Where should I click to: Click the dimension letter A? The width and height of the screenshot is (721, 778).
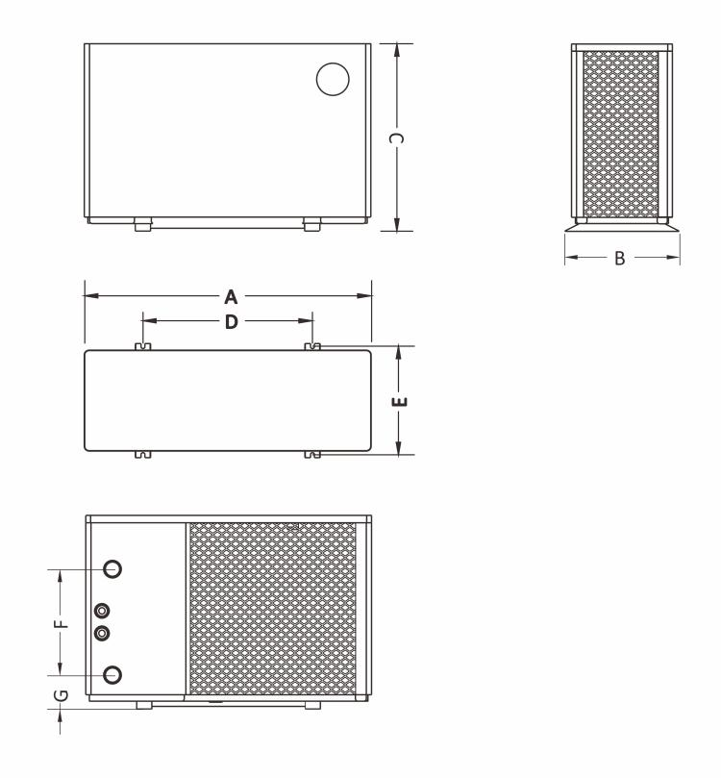tap(231, 297)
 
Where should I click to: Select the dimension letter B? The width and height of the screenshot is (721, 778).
tap(620, 259)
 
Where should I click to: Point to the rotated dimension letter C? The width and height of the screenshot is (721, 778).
tap(396, 138)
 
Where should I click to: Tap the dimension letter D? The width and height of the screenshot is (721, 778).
tap(231, 322)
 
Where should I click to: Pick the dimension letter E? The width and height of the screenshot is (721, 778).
tap(402, 400)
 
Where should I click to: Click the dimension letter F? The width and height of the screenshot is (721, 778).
tap(61, 622)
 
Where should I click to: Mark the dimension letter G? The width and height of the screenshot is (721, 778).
tap(60, 694)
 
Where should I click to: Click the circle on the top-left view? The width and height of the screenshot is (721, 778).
tap(332, 79)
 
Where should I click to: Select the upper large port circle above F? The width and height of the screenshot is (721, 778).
tap(112, 569)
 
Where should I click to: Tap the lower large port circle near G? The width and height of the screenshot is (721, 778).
tap(112, 673)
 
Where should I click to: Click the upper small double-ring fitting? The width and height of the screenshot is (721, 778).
tap(103, 611)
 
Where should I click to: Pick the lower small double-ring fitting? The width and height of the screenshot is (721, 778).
tap(103, 633)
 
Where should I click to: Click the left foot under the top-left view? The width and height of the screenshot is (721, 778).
tap(142, 227)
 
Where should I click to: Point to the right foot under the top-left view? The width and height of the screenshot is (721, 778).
tap(311, 227)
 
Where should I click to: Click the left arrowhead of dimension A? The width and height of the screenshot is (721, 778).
tap(89, 296)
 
